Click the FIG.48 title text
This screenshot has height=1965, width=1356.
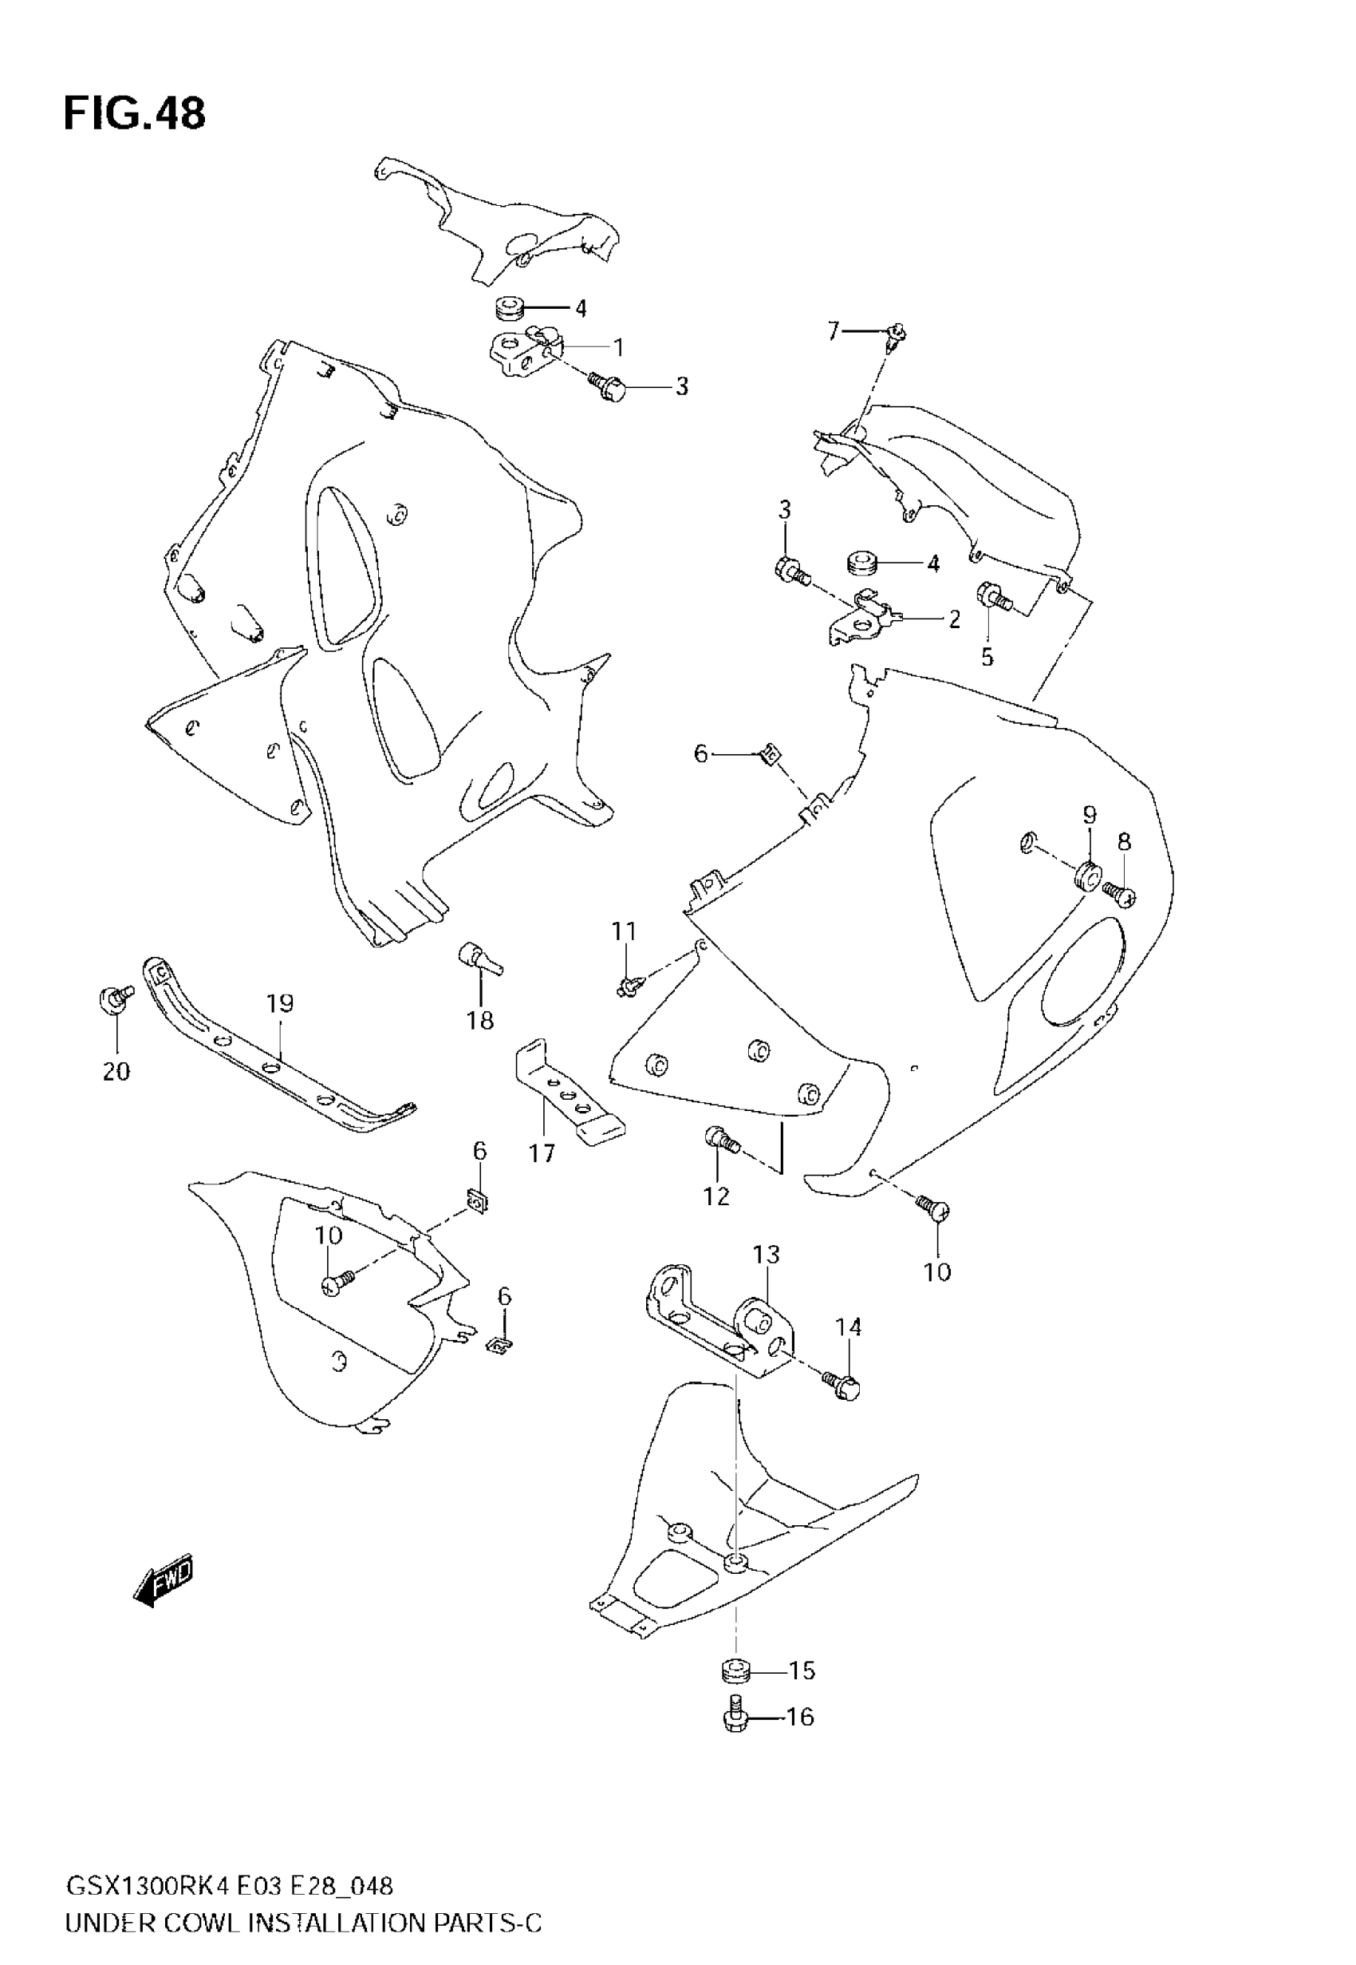pos(134,114)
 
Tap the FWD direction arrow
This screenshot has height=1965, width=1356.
pos(164,1581)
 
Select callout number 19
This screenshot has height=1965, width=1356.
pos(279,1004)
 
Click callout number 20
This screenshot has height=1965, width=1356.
pos(116,1072)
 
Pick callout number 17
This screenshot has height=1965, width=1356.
pos(542,1153)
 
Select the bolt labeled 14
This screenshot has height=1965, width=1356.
pos(842,1386)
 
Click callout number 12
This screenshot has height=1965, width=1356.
pos(716,1196)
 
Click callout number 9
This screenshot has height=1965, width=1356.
pos(1090,816)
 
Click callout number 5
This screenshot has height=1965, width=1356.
pos(987,657)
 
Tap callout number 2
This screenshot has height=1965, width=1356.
pos(954,619)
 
